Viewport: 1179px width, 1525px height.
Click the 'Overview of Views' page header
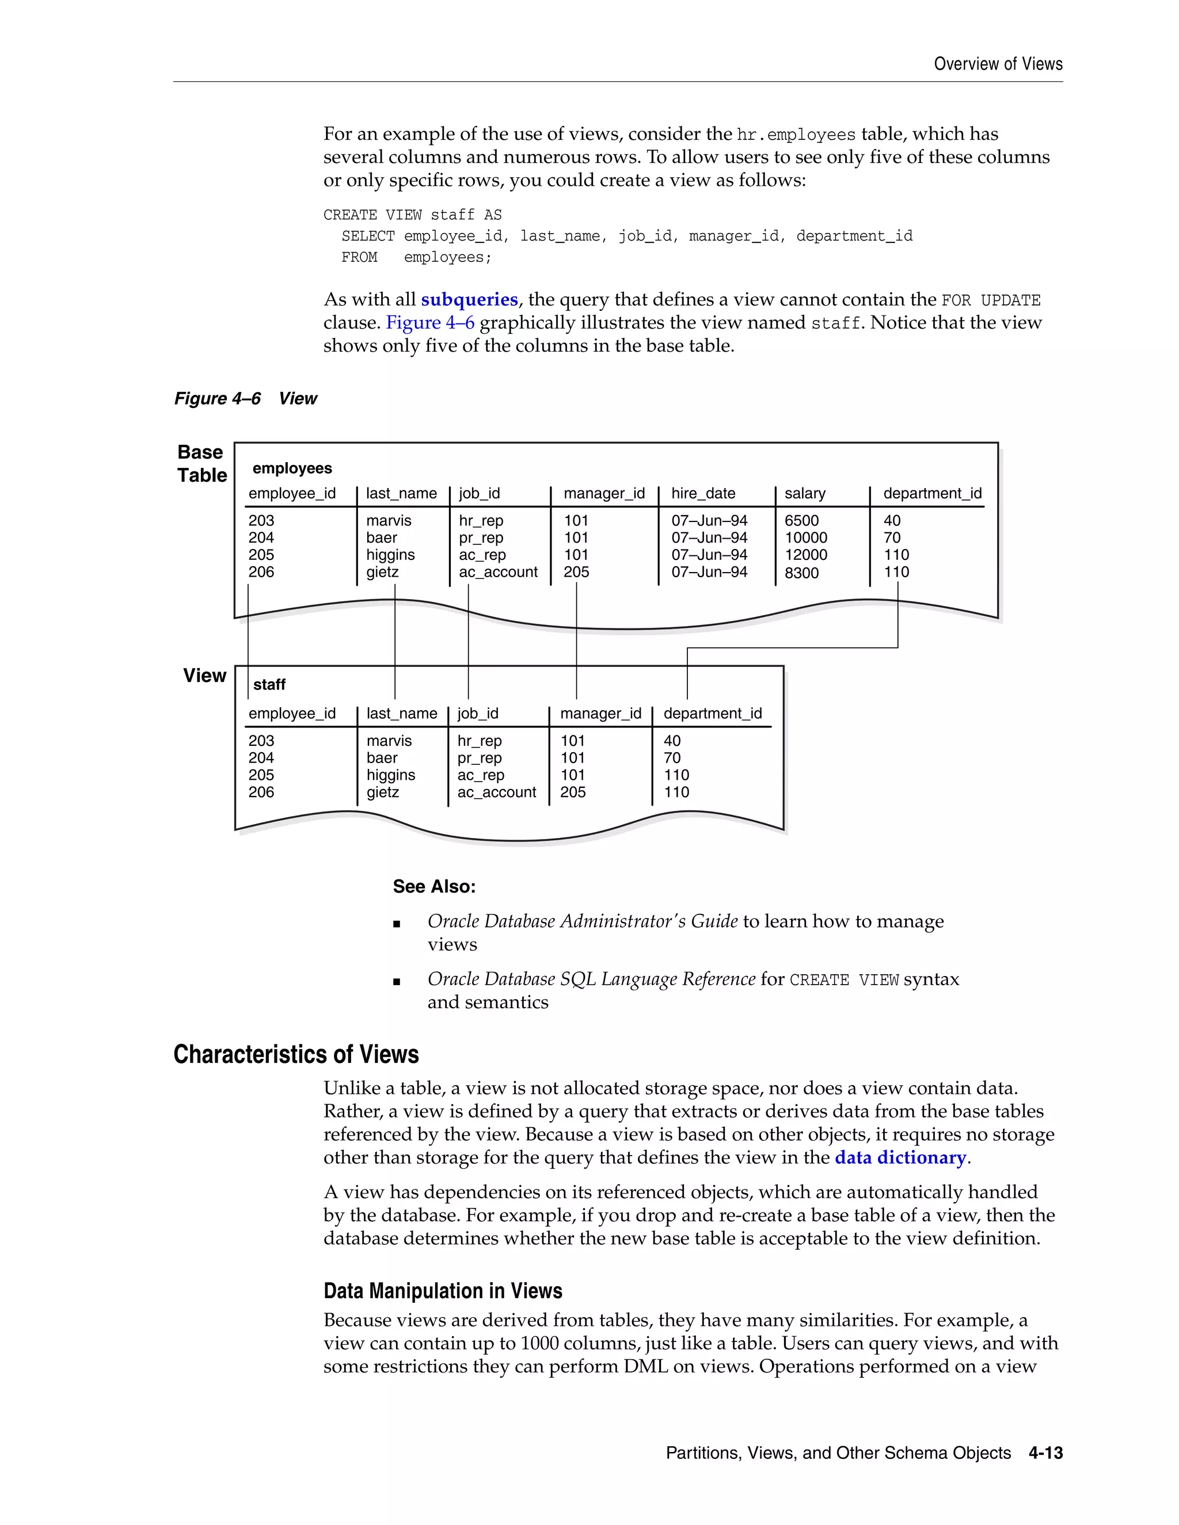[x=998, y=64]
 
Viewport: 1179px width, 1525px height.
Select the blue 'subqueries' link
[x=469, y=300]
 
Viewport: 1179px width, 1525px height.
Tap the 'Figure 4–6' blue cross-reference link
[x=429, y=323]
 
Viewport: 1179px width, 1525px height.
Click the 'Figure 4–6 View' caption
[x=245, y=399]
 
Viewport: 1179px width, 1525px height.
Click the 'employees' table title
[x=292, y=468]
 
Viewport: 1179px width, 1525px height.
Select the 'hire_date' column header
[x=703, y=494]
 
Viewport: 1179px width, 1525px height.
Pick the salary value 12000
[x=805, y=555]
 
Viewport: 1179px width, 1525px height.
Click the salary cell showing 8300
[x=801, y=573]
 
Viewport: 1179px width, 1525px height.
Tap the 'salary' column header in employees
[x=805, y=494]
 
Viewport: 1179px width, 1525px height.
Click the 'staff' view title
[x=269, y=685]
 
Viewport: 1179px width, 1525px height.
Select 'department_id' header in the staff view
[x=713, y=714]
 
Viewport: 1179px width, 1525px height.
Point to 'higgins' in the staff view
[x=390, y=775]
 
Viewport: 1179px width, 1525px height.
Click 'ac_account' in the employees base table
[x=498, y=573]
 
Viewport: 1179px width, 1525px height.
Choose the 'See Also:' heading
[x=433, y=887]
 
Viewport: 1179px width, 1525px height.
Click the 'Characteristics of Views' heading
[x=295, y=1054]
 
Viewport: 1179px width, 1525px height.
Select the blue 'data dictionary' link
[x=900, y=1158]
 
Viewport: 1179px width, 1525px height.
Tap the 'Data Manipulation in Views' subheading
[x=443, y=1291]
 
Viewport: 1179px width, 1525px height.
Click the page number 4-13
[x=1045, y=1453]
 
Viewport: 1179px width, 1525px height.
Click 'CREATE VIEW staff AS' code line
[x=412, y=215]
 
